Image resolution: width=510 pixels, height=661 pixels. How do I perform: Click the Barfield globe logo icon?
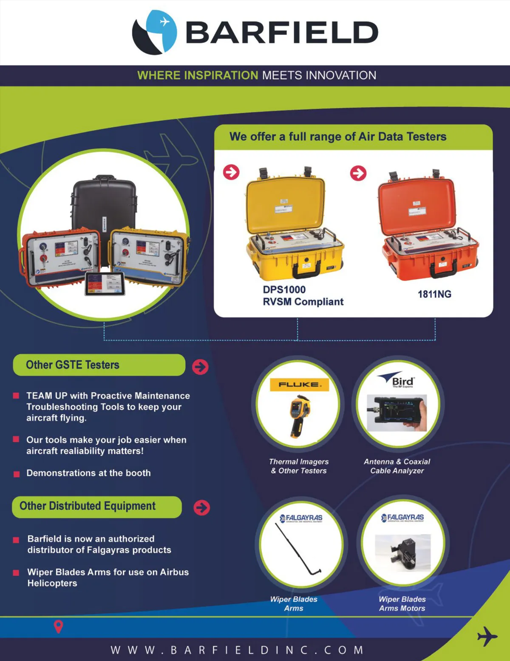[154, 32]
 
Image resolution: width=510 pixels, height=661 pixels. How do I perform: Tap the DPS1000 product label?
[284, 290]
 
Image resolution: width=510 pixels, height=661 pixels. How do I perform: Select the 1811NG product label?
[434, 294]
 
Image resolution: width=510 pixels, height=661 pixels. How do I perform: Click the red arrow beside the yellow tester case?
[231, 172]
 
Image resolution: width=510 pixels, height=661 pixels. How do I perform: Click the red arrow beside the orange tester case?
[358, 173]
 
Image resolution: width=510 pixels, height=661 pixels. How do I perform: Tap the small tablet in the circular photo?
[105, 283]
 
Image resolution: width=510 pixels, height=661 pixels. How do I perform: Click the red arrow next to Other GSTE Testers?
[200, 366]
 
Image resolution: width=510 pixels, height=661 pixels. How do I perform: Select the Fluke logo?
[299, 384]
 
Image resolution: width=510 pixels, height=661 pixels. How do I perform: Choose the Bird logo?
[397, 380]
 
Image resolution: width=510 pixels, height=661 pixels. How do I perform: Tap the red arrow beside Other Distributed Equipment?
[202, 507]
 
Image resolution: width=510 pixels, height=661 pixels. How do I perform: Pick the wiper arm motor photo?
[403, 552]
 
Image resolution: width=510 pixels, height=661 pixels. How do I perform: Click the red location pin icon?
[59, 626]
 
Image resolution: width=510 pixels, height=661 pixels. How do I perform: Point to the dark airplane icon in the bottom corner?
[487, 636]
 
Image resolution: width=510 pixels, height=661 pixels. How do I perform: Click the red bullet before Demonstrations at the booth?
[17, 474]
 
